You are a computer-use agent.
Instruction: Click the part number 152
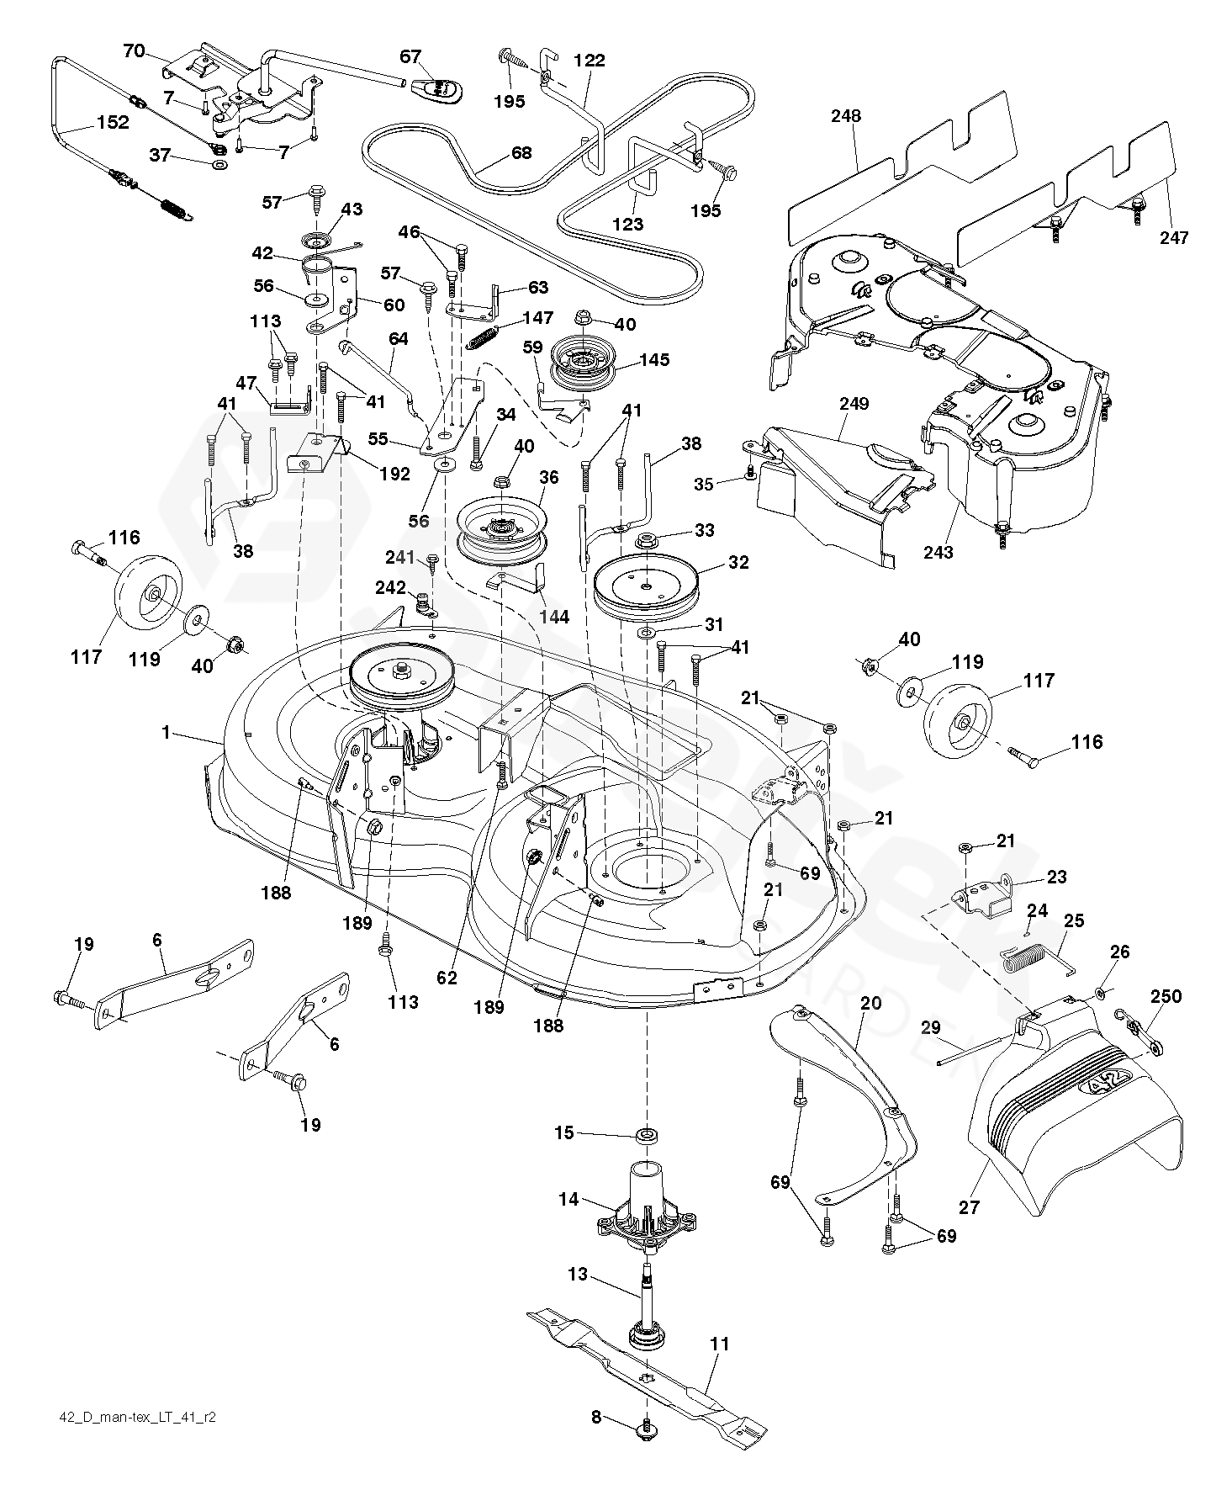click(x=113, y=122)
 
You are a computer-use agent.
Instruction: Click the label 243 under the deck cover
click(x=939, y=552)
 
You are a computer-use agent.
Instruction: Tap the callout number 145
click(x=654, y=360)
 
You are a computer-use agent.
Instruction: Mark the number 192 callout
click(x=394, y=474)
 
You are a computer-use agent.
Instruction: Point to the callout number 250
click(x=1166, y=996)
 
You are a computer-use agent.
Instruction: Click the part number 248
click(x=846, y=115)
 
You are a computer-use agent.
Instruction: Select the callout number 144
click(x=554, y=617)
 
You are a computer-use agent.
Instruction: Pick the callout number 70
click(x=134, y=50)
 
